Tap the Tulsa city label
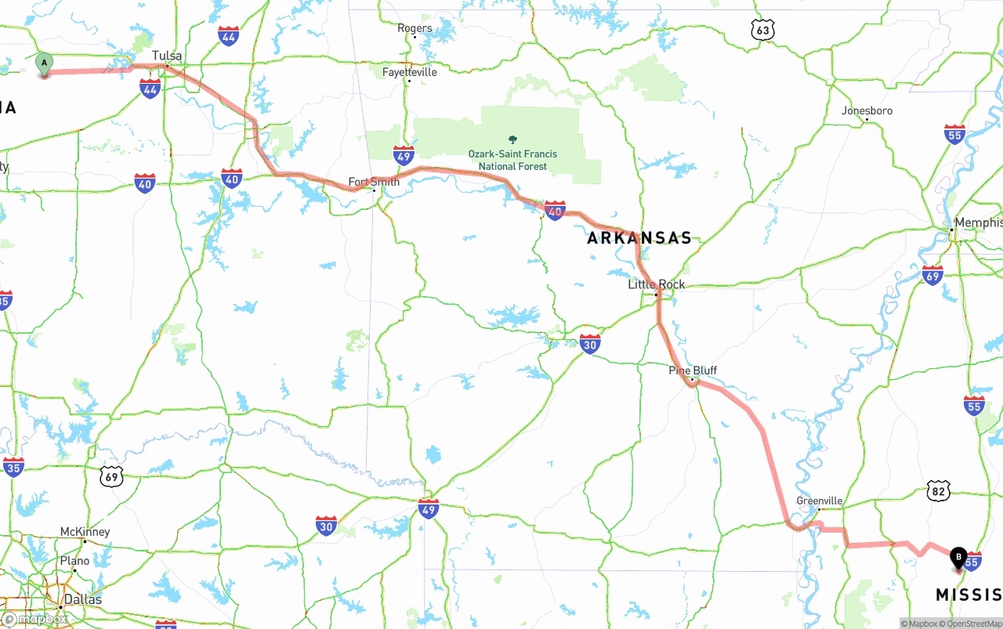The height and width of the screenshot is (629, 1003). coord(167,56)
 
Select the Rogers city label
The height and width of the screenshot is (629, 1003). coord(415,28)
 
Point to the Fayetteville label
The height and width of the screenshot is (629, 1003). coord(410,72)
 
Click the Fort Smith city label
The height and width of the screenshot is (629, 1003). coord(374,182)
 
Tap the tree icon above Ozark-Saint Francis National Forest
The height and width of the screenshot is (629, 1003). coord(513,139)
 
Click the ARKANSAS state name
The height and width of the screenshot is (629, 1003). coord(639,238)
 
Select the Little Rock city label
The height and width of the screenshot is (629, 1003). coord(657,284)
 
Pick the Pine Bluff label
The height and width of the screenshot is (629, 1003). coord(693,371)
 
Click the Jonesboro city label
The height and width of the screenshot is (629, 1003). coord(867,110)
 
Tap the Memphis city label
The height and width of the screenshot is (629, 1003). coord(977,222)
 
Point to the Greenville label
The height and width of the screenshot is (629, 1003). coord(820,501)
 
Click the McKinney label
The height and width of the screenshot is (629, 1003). coord(85,532)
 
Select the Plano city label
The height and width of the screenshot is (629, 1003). coord(75,561)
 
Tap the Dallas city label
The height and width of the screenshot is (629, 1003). coord(83,599)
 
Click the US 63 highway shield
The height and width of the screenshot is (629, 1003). coord(762,31)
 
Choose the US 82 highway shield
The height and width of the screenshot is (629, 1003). coord(939,491)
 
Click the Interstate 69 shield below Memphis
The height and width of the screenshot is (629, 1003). coord(932,274)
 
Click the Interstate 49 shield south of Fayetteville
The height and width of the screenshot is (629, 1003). coord(404,154)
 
